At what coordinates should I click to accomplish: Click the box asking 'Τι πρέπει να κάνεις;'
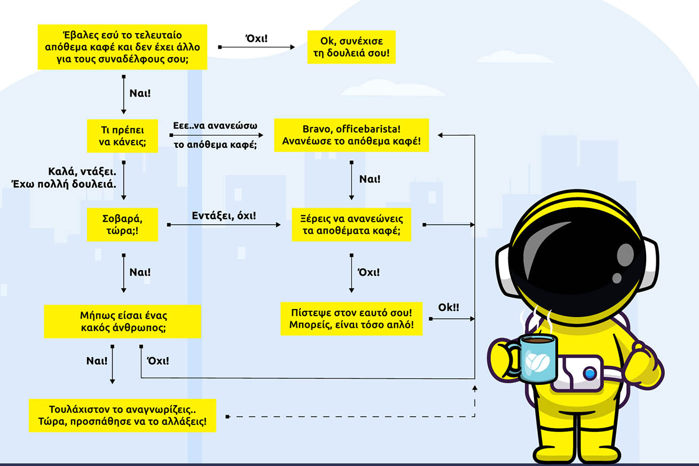[122, 136]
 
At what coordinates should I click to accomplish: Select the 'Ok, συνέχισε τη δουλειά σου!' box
[351, 47]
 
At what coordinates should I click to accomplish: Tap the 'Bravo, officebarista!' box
[351, 135]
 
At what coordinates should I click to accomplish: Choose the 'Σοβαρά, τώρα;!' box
[122, 224]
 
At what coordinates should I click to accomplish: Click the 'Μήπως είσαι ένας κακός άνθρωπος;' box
[122, 321]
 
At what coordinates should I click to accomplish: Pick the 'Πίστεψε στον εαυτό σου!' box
[351, 318]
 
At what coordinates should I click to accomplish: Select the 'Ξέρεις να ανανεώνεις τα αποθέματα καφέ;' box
[351, 225]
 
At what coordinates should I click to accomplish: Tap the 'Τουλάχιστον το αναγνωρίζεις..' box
[122, 415]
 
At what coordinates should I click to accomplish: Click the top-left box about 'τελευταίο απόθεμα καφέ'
[122, 46]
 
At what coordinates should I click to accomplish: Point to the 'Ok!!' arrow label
[449, 307]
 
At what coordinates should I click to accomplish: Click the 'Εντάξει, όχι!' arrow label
[224, 216]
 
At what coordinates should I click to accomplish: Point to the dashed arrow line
[347, 416]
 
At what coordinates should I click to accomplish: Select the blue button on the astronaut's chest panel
[590, 374]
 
